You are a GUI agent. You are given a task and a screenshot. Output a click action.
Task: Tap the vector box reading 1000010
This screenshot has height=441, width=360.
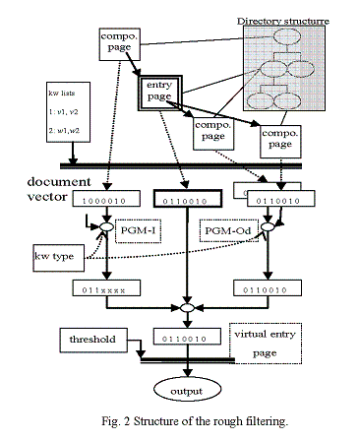(104, 202)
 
